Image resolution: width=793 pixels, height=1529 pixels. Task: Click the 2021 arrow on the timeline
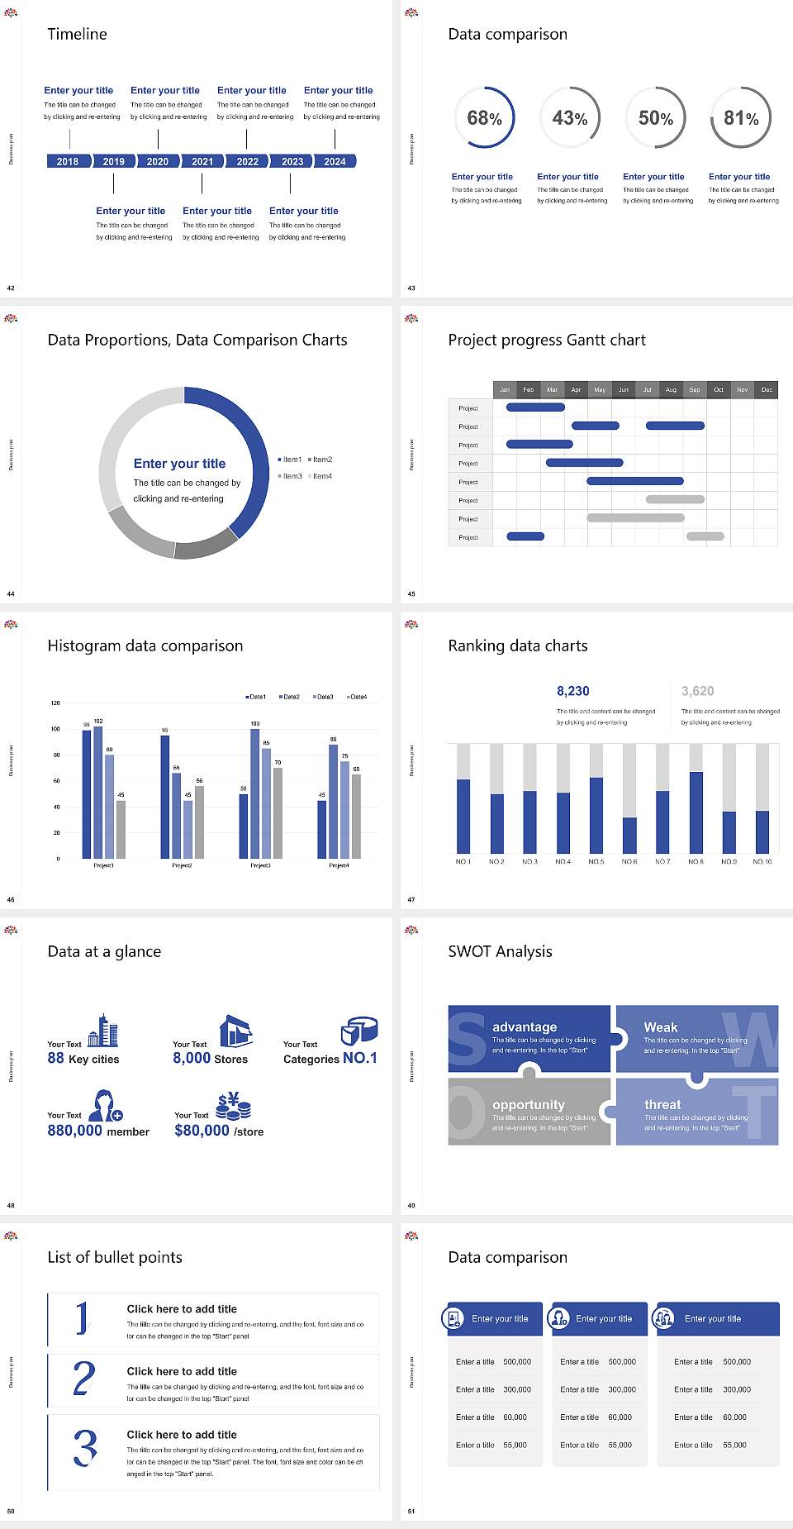tap(202, 161)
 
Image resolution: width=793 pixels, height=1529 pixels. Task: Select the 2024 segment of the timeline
tap(335, 161)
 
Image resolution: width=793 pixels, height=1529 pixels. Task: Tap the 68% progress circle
tap(484, 118)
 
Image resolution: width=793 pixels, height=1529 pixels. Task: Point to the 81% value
tap(741, 118)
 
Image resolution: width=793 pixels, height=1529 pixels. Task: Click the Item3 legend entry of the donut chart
tap(290, 476)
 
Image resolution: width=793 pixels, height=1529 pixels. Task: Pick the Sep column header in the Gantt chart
tap(695, 389)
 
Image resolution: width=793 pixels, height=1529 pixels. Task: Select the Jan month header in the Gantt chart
tap(505, 389)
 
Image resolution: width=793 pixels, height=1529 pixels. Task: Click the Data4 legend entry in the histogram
tap(357, 697)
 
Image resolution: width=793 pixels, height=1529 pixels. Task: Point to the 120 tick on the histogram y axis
tap(55, 703)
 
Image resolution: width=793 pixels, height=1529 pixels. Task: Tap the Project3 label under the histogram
tap(260, 865)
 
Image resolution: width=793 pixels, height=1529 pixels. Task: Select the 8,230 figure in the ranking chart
tap(573, 691)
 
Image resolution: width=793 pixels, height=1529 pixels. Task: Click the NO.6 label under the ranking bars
tap(629, 861)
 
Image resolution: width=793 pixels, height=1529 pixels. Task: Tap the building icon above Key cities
tap(102, 1031)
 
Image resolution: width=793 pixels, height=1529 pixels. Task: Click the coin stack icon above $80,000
tap(234, 1106)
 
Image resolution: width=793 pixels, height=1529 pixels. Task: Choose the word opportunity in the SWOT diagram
tap(529, 1105)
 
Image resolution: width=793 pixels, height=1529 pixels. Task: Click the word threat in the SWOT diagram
tap(662, 1105)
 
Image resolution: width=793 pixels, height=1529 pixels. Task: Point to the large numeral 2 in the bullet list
tap(83, 1379)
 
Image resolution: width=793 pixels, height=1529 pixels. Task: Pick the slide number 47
tap(411, 900)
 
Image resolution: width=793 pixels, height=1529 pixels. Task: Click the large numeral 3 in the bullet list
tap(85, 1447)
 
